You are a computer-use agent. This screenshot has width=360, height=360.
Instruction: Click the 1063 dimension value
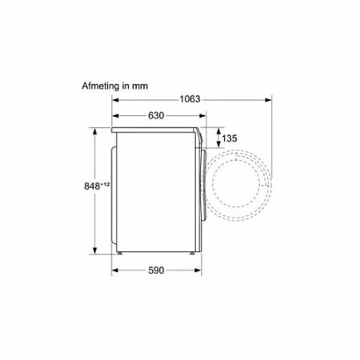tap(190, 99)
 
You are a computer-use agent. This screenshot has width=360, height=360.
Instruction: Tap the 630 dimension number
tap(156, 116)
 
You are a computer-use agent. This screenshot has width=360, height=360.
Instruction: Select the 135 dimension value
tap(230, 138)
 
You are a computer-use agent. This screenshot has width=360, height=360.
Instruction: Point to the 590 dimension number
tap(156, 270)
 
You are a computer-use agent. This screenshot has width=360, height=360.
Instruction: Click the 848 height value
tap(92, 186)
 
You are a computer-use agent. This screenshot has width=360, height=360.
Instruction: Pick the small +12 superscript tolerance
tap(105, 184)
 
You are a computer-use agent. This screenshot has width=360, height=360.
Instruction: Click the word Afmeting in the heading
tap(101, 86)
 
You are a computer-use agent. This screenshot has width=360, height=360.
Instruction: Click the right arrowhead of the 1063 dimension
tap(268, 100)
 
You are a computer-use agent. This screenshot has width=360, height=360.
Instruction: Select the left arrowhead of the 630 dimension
tap(115, 116)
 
